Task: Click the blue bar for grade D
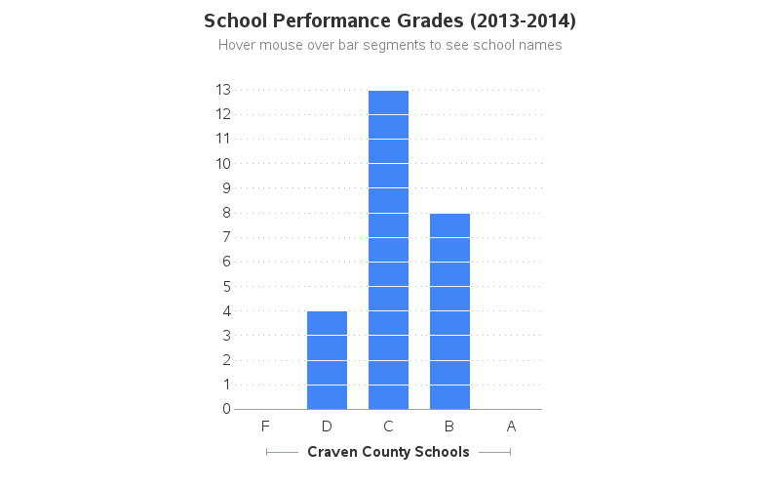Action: (327, 360)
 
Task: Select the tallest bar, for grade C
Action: (388, 250)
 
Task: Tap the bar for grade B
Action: (449, 311)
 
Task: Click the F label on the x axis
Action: (265, 426)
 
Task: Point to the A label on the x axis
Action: (511, 426)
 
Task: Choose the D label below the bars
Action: (327, 426)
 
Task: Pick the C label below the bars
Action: (388, 426)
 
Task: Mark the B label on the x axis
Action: (449, 426)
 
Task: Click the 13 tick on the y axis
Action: (223, 90)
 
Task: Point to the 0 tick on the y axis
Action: (226, 409)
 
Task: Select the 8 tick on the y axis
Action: (226, 213)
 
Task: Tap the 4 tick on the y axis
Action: (226, 310)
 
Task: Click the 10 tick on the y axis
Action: (223, 163)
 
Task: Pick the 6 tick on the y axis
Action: (226, 262)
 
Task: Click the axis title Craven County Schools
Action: (388, 452)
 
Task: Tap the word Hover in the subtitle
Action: (237, 45)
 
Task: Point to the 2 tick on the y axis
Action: (226, 360)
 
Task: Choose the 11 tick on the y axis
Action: (223, 139)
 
